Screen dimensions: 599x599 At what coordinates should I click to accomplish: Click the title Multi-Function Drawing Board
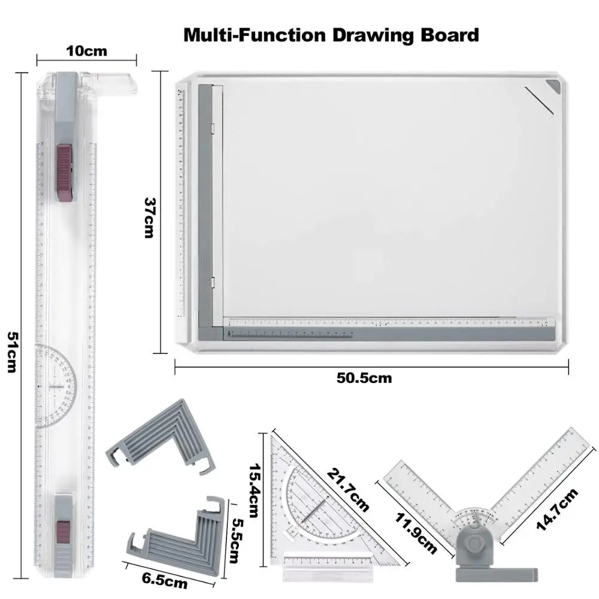[x=331, y=34]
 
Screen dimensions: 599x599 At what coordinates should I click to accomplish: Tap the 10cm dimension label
[x=87, y=50]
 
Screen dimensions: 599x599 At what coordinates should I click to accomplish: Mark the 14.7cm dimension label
[x=557, y=509]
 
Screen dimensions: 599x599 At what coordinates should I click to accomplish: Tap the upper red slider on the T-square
[x=65, y=171]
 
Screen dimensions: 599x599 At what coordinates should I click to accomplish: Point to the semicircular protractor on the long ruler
[x=58, y=386]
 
